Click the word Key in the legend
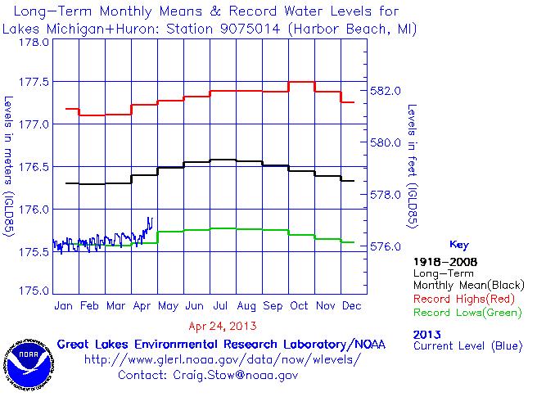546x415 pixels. [459, 244]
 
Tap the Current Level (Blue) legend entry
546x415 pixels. [467, 346]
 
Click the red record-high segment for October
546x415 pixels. [301, 82]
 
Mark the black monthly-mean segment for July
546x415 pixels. [222, 160]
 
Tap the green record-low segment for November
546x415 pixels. [327, 238]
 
